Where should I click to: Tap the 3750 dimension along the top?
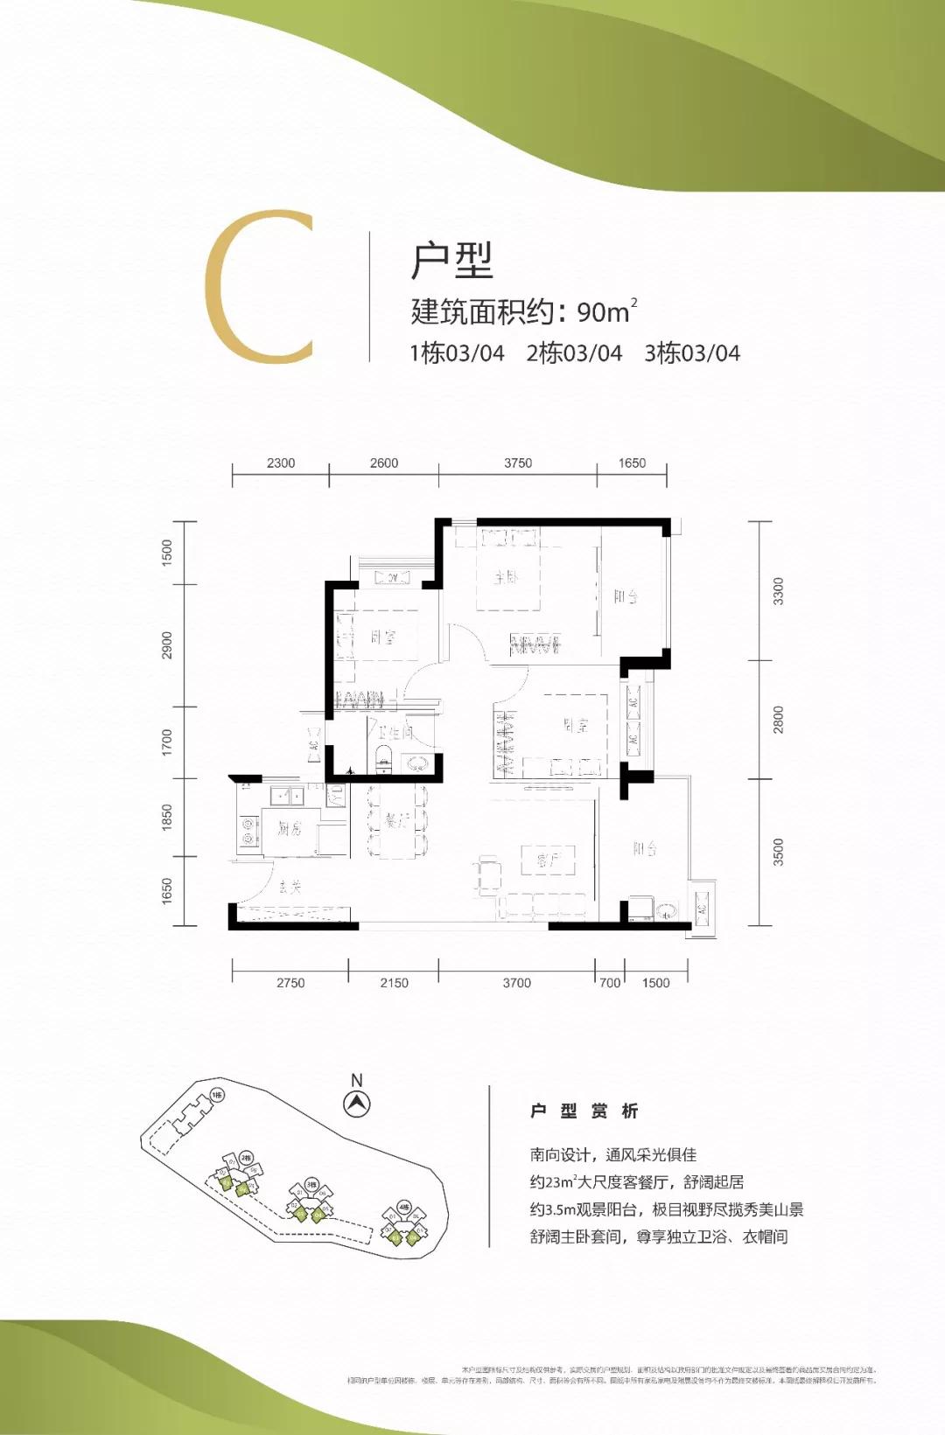[518, 463]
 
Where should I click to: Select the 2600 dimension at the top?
[384, 463]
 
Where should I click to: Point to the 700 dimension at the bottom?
[610, 983]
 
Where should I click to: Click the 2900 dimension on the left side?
[167, 645]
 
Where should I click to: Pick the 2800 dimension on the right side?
[779, 720]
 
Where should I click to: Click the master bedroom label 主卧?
[507, 577]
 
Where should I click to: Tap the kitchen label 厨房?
[290, 827]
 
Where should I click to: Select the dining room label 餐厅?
[396, 820]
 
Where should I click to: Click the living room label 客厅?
[548, 860]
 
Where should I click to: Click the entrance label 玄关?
[290, 887]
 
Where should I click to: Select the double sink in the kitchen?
[286, 795]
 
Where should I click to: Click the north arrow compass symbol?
[356, 1104]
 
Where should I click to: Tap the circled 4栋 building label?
[403, 1207]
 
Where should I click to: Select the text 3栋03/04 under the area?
[692, 353]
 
